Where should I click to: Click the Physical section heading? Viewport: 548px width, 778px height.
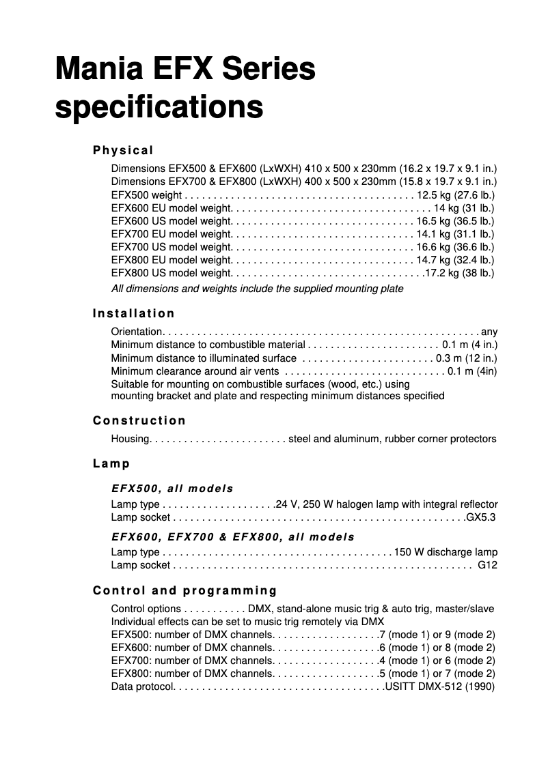(x=124, y=150)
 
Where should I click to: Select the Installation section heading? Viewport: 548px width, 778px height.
(x=134, y=313)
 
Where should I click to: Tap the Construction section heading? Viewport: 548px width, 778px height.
(x=139, y=420)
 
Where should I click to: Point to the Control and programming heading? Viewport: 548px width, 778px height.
(x=185, y=590)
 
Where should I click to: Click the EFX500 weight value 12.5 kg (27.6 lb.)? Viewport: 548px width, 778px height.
(x=456, y=194)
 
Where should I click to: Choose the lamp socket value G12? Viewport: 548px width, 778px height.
(x=487, y=565)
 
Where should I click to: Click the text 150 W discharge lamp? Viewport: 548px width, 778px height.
(x=446, y=552)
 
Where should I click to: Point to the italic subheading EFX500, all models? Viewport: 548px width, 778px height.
(x=172, y=489)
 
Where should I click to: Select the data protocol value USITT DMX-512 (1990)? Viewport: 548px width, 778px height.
(x=439, y=687)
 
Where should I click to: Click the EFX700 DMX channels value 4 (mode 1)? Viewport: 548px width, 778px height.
(x=403, y=661)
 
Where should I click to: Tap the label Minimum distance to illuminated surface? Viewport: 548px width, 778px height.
(x=204, y=358)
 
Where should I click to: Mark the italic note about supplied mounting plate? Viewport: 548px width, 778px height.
(x=257, y=289)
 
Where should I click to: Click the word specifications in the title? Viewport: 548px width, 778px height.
(x=159, y=108)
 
